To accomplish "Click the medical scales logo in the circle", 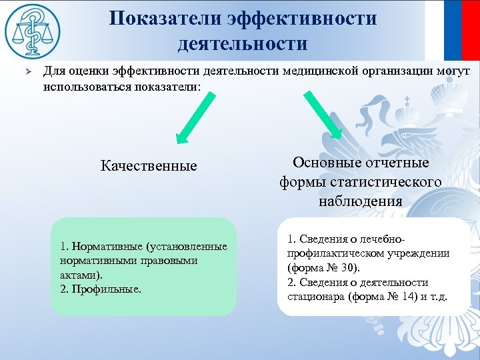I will point(32,31).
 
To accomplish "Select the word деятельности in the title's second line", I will point(243,44).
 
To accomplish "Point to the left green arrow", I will point(195,118).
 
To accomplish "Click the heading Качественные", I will point(149,165).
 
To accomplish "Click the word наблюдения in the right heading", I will point(360,201).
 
